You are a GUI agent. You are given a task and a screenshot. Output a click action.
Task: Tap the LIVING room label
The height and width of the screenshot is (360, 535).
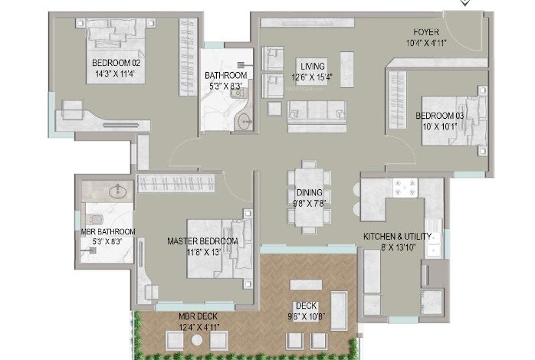312,66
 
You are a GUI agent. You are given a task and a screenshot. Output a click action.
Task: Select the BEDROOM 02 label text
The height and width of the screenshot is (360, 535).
117,64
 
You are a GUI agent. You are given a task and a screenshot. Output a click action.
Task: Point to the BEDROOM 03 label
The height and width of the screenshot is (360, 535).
440,116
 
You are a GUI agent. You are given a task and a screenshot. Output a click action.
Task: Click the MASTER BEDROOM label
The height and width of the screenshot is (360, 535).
202,241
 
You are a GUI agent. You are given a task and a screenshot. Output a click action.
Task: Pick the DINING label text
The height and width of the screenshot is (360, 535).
309,194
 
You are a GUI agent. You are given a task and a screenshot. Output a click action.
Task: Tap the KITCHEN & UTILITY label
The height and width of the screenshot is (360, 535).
397,237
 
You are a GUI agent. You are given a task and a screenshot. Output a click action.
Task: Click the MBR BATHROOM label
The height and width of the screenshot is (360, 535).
107,231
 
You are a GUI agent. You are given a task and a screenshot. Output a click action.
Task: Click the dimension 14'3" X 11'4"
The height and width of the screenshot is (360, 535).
117,75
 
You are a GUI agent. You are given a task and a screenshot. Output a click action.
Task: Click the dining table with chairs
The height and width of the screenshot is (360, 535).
309,197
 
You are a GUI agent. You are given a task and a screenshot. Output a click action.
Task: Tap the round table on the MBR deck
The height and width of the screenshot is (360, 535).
198,338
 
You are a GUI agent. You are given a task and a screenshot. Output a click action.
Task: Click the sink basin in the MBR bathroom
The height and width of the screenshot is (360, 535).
117,191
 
